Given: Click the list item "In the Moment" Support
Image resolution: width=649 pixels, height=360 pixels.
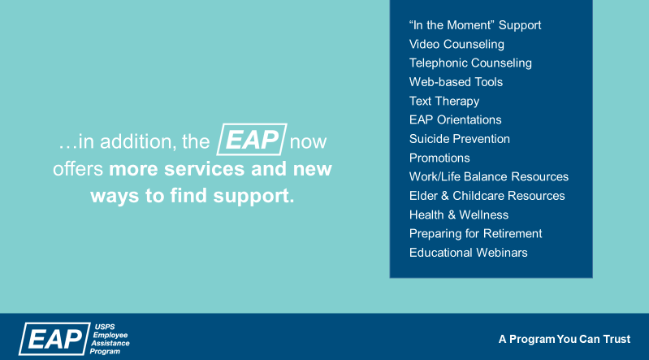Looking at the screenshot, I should pos(475,25).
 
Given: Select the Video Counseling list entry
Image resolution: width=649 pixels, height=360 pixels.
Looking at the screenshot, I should pos(456,44).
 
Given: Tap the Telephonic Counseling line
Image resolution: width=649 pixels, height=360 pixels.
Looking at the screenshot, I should pos(470,63).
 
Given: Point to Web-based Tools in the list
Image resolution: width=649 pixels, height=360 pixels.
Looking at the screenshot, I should pos(456,82).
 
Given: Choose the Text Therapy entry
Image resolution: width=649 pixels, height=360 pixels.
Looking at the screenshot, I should pos(444,101).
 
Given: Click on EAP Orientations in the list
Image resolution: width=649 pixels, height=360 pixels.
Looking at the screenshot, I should pos(455,119).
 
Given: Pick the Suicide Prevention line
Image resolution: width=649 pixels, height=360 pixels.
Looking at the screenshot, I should pos(460,139).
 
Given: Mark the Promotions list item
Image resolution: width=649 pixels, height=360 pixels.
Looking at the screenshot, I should pos(439,158).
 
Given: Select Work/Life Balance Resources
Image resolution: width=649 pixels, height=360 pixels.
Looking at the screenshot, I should pos(489,176).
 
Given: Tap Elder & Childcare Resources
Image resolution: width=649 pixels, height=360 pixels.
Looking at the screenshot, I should pos(487,196).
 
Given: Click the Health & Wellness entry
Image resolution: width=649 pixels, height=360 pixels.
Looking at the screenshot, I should pos(459,215).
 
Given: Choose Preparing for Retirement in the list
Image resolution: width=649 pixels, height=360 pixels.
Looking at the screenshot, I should pos(475,233).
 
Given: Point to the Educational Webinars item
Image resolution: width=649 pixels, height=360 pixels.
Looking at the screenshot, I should pos(469,253).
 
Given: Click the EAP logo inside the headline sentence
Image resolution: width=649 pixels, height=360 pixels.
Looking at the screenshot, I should pos(252,140).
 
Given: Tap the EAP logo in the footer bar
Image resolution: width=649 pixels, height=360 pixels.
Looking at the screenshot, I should pos(53,338).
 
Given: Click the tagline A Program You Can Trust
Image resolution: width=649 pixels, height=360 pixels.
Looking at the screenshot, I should pos(564,338).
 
